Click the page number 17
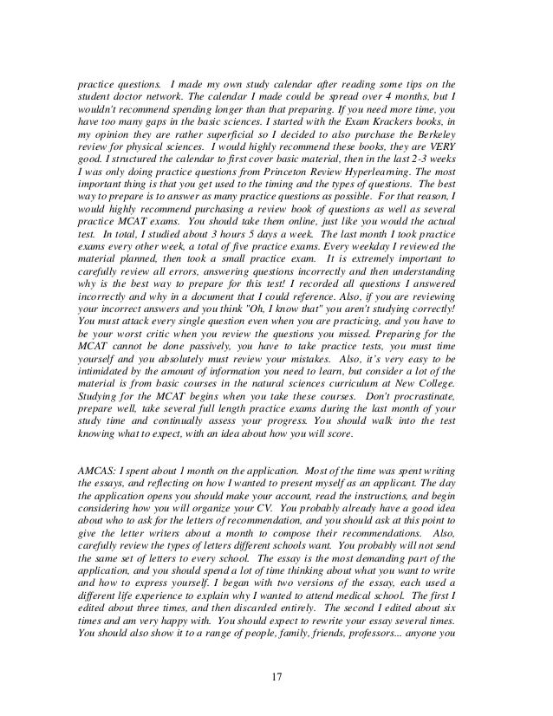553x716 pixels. point(276,674)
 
